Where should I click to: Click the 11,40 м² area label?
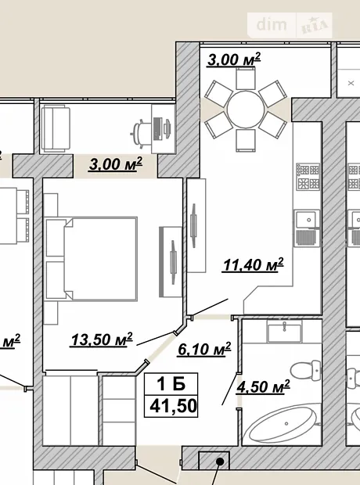(253, 264)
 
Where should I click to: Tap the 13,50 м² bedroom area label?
(102, 339)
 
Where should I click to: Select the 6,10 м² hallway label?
(204, 349)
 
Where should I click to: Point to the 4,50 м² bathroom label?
(263, 387)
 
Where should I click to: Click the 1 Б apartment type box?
(171, 384)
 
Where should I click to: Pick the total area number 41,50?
(173, 406)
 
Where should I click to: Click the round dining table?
(246, 110)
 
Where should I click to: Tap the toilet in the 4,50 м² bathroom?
(306, 370)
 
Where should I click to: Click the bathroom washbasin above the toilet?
(284, 332)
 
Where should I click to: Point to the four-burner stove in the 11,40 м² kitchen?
(308, 177)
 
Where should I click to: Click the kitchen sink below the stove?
(307, 228)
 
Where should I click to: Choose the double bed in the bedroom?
(91, 259)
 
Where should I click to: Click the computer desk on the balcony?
(163, 128)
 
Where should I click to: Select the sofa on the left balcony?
(56, 128)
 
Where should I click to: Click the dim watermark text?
(272, 24)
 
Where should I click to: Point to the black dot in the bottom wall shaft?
(220, 462)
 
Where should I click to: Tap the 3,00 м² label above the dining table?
(234, 59)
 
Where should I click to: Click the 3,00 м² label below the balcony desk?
(116, 163)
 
